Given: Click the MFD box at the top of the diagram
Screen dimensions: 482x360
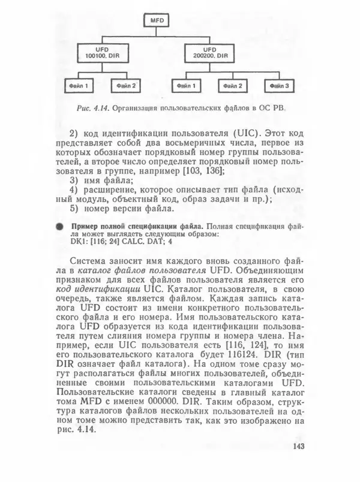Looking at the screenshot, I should [155, 22].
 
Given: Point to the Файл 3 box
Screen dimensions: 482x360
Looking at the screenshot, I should [278, 86].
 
